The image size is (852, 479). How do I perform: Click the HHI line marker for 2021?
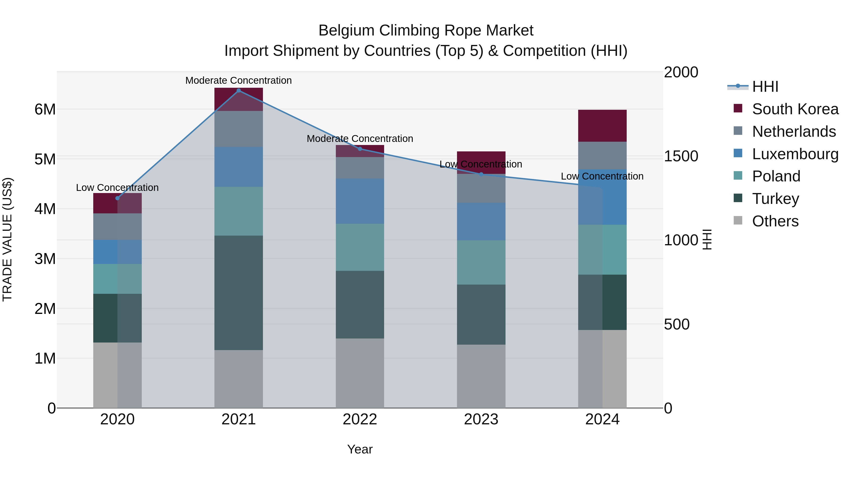[239, 91]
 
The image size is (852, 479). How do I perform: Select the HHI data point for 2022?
[360, 149]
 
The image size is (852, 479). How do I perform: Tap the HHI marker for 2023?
[481, 174]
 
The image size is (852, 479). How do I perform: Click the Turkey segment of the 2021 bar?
[239, 293]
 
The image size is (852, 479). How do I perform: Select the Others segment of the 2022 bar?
[360, 373]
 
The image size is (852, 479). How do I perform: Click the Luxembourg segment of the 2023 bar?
[481, 221]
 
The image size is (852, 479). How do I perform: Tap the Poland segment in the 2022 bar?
[360, 247]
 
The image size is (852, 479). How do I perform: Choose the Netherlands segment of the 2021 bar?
[239, 129]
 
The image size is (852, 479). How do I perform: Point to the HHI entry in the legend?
[765, 87]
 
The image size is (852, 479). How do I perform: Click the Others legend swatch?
[737, 220]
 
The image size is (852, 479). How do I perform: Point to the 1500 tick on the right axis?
[681, 156]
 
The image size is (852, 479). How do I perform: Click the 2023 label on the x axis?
[481, 419]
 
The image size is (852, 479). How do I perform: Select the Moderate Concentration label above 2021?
[239, 80]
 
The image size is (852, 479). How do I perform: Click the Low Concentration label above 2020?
[117, 187]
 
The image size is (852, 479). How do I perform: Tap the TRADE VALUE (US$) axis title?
[7, 239]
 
